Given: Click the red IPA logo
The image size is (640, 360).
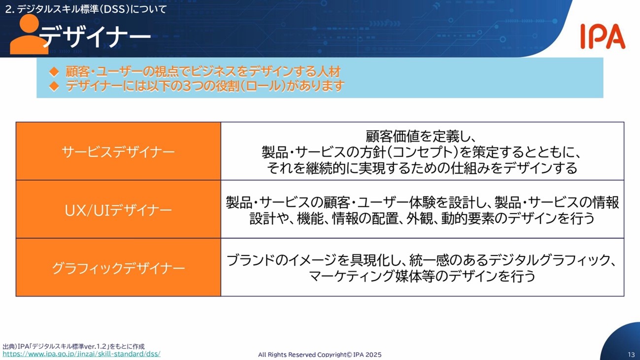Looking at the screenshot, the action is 603,36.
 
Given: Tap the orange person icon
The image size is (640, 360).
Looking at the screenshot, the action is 29,34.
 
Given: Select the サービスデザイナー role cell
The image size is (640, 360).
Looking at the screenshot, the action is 118,151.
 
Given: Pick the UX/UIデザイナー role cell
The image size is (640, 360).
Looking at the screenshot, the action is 118,209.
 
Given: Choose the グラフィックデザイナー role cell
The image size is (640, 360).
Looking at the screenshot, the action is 118,267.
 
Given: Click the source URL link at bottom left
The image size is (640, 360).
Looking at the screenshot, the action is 81,354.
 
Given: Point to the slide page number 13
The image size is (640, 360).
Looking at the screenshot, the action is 631,355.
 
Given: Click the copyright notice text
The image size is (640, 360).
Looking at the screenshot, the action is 320,355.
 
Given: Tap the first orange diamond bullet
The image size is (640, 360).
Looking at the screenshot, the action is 54,71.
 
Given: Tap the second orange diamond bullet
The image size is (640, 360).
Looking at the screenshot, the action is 54,86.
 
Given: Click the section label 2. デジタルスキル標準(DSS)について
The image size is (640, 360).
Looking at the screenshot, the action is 86,9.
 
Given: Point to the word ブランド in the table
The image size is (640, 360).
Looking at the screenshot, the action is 251,260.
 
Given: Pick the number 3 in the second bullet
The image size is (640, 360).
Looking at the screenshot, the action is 187,86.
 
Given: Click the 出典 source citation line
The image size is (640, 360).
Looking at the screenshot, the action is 73,346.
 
